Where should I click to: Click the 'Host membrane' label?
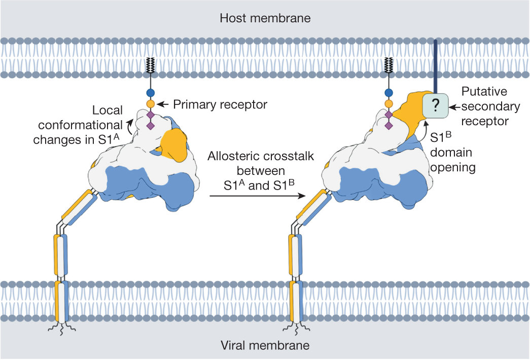click(x=265, y=19)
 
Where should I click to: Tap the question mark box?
click(x=435, y=105)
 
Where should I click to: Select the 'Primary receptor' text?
click(x=220, y=104)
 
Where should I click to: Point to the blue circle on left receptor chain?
click(x=150, y=93)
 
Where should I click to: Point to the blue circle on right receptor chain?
click(x=389, y=93)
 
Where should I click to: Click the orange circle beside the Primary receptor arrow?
click(x=150, y=104)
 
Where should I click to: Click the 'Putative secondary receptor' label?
click(x=490, y=106)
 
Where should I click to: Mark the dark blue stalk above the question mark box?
click(x=435, y=66)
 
